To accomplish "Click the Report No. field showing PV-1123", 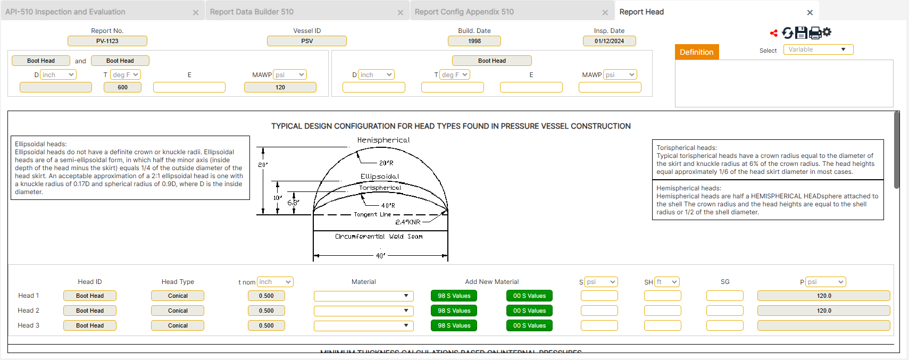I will coord(107,41).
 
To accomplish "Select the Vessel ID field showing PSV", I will coord(307,41).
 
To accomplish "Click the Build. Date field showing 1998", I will coord(474,41).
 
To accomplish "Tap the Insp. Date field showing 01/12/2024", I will coord(609,41).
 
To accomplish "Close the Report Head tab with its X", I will coord(810,12).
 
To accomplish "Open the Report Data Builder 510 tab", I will coord(252,12).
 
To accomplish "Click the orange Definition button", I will coord(696,52).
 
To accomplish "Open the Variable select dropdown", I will coord(818,49).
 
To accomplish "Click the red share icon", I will coord(774,34).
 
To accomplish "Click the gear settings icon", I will coord(827,32).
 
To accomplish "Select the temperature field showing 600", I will coord(122,87).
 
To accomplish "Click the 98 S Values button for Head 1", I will coord(454,296).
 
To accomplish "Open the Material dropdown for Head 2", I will coord(364,311).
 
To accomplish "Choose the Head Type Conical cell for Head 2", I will coord(178,311).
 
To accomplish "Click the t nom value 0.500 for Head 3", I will coord(266,325).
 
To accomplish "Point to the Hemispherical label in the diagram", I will coord(383,140).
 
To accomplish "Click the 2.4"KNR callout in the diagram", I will coord(408,222).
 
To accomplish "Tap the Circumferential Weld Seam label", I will coord(379,237).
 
